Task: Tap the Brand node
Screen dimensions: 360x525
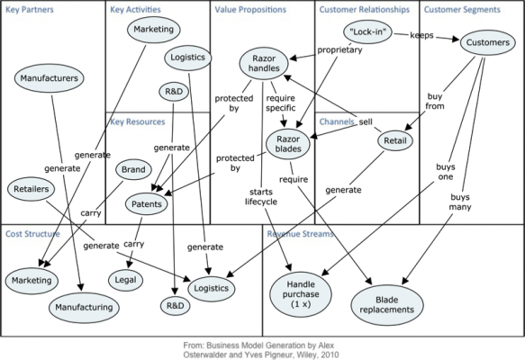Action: [x=131, y=169]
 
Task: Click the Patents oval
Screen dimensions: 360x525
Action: [x=147, y=204]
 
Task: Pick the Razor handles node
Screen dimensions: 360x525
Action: [x=264, y=64]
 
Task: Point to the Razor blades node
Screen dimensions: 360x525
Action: [x=289, y=143]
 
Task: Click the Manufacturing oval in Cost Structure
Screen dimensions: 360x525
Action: [x=83, y=307]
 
